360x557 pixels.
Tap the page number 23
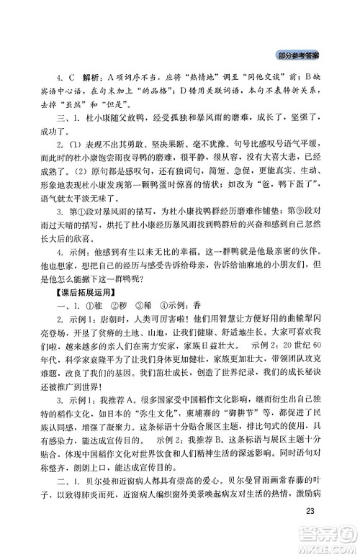[x=311, y=511]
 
